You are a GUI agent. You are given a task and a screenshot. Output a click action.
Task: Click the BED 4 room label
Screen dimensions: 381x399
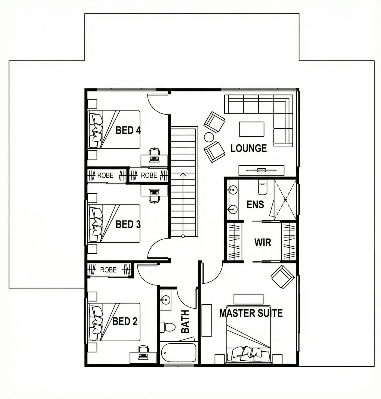click(128, 130)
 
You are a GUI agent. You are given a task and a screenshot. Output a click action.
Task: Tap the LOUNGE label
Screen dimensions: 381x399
click(248, 148)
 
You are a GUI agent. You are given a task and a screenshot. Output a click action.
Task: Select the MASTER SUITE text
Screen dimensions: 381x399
click(251, 313)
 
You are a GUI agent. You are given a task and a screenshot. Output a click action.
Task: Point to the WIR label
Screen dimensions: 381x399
click(263, 242)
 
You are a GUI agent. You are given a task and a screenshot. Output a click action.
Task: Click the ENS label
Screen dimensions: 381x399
click(255, 204)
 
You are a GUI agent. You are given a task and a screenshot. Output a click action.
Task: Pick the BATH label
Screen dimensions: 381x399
click(185, 321)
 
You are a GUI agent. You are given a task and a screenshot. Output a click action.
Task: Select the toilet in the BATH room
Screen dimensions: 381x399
click(167, 327)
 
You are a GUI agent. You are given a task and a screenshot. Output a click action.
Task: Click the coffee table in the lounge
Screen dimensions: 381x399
click(252, 129)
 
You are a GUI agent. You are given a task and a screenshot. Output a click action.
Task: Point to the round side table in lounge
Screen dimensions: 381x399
click(209, 137)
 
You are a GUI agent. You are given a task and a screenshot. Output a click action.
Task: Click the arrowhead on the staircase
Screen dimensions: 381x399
click(183, 175)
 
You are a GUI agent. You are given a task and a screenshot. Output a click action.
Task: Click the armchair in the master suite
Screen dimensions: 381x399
click(282, 277)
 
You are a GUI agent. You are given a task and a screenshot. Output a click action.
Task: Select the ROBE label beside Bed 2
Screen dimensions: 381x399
click(109, 270)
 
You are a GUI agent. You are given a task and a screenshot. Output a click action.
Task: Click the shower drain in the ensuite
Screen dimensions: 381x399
click(285, 200)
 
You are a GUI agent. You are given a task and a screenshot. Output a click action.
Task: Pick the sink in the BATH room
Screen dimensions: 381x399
click(165, 299)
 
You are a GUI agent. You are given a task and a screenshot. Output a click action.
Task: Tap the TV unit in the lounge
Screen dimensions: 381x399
click(261, 170)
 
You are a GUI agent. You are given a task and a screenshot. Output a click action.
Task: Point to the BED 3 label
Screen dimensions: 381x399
click(128, 224)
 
